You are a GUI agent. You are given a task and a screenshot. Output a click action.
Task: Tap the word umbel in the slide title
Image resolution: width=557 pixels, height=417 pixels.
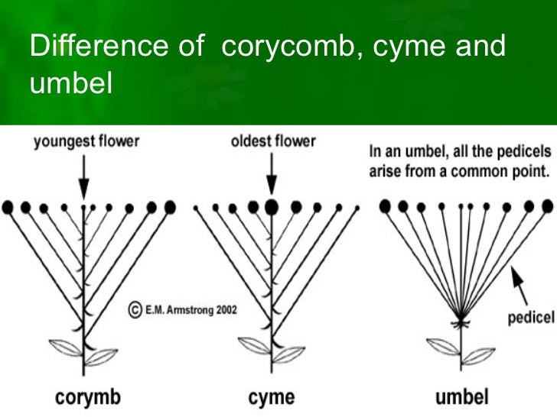pos(70,82)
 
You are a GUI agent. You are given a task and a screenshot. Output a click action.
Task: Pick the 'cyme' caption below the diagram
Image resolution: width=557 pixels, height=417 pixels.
pos(270,398)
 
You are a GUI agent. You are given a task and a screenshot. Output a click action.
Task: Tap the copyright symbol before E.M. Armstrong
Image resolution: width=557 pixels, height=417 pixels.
pos(134,310)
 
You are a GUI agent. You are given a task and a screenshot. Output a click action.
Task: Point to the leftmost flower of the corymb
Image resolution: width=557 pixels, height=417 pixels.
pos(8,206)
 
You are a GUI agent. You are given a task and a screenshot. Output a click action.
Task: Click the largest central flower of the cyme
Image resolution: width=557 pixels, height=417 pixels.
pos(269,205)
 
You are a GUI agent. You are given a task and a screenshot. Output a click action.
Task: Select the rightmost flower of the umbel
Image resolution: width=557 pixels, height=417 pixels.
pos(546,205)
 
